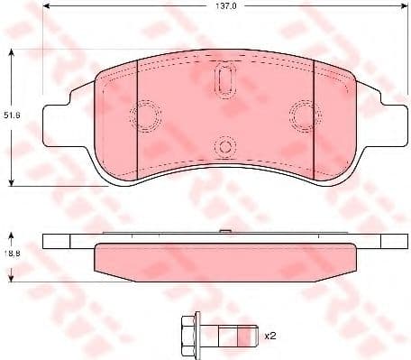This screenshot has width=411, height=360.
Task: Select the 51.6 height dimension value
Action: [11, 115]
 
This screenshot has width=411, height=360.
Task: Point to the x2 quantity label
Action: [269, 336]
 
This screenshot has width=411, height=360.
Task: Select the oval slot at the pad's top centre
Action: [224, 79]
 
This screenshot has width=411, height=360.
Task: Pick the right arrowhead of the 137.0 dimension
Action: [398, 14]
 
